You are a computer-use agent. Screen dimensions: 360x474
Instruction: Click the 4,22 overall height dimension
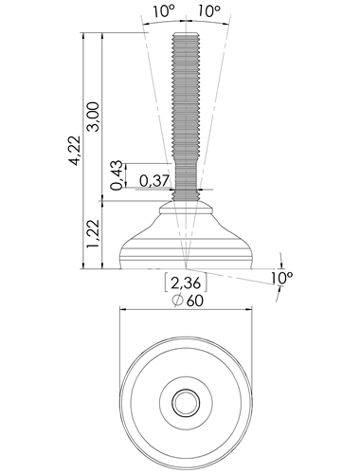(75, 151)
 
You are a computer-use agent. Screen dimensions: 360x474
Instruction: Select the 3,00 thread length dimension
(94, 117)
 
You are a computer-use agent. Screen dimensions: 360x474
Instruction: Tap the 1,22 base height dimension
(94, 234)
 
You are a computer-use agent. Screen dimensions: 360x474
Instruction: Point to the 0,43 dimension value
(117, 175)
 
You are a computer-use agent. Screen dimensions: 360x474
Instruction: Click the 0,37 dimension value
(154, 181)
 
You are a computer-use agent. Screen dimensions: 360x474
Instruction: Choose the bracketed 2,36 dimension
(186, 283)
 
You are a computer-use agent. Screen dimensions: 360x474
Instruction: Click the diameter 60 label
(188, 301)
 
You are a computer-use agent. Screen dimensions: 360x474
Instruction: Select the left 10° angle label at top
(164, 11)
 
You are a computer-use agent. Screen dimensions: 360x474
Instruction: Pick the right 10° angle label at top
(209, 11)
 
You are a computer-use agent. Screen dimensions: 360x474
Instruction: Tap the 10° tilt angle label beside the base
(281, 278)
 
